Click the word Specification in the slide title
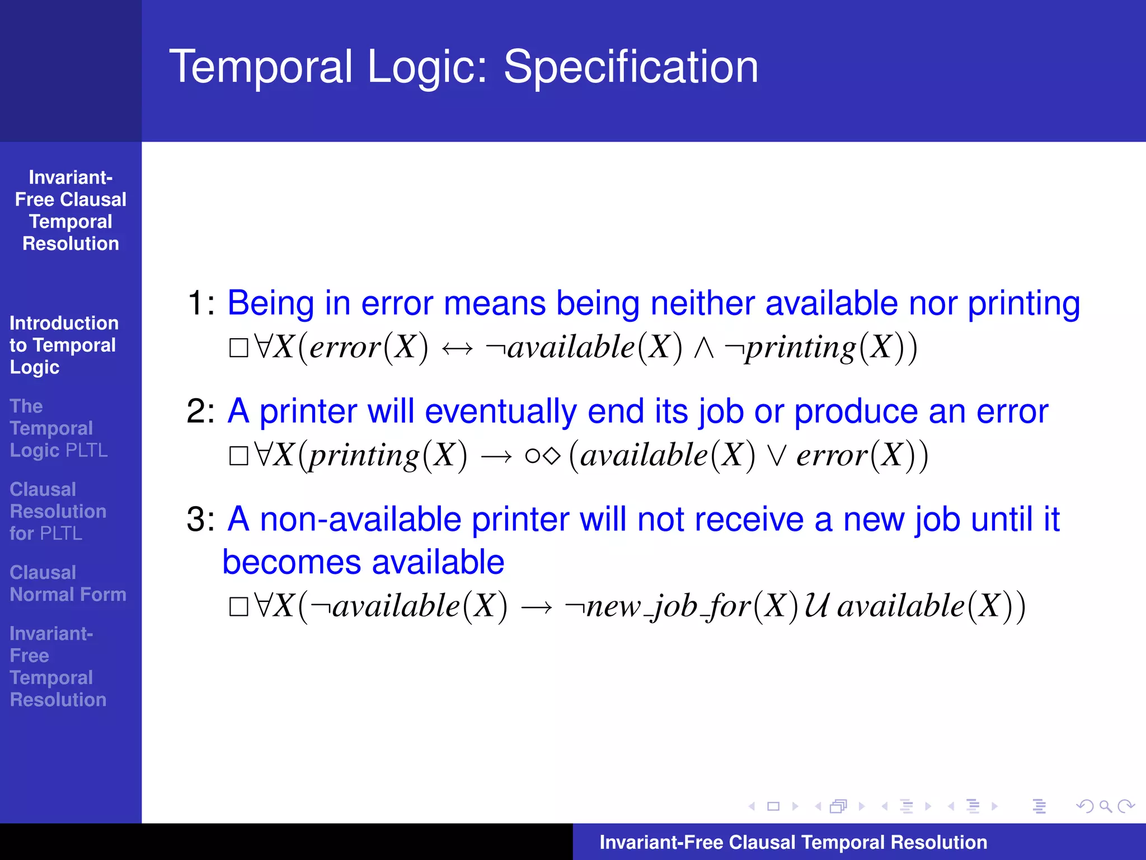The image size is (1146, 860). click(x=631, y=67)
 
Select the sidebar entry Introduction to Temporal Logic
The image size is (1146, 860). click(x=63, y=345)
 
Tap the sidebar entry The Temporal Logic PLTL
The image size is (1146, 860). click(x=58, y=428)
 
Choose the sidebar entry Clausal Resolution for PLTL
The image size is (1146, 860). click(x=58, y=511)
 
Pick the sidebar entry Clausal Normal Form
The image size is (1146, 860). click(x=68, y=583)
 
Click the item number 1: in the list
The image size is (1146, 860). click(x=200, y=303)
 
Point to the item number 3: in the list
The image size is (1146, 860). click(x=200, y=520)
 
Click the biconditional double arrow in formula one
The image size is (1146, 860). click(x=457, y=349)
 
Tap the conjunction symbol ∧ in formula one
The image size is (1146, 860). click(x=703, y=348)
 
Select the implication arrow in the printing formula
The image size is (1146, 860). click(x=496, y=456)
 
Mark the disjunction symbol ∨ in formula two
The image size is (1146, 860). click(x=776, y=456)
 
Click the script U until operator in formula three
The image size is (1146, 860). click(x=816, y=606)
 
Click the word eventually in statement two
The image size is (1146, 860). click(x=500, y=412)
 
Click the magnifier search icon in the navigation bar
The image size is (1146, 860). click(x=1105, y=806)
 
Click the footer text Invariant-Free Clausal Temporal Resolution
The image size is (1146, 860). click(x=793, y=842)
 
